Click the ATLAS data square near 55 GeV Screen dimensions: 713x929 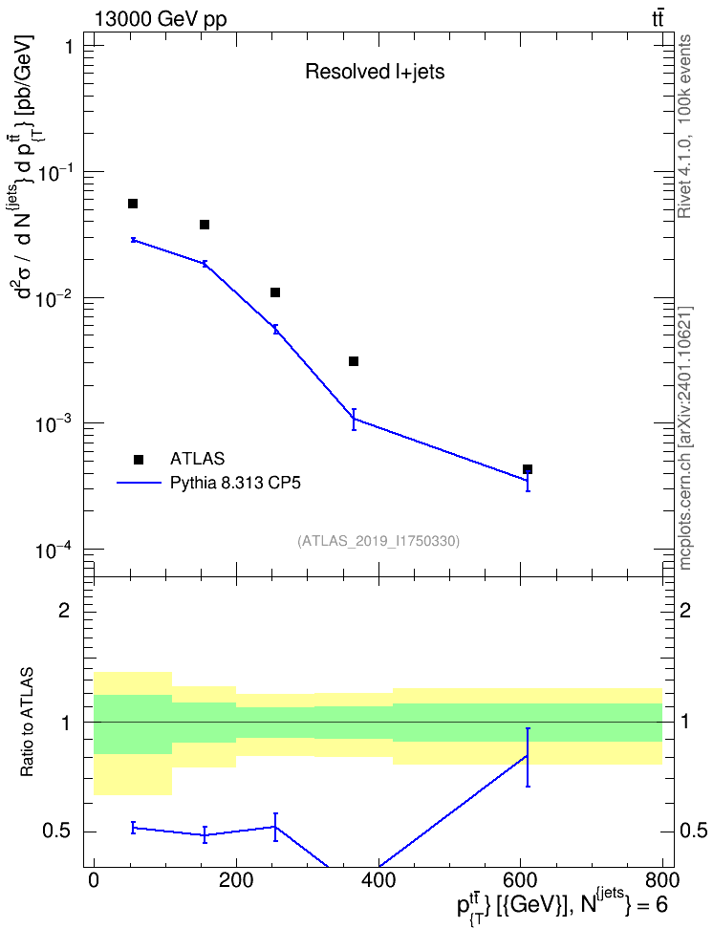133,204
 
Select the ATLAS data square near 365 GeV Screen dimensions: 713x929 354,361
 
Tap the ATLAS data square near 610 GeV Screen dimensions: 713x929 528,469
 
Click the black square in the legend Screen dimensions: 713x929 139,459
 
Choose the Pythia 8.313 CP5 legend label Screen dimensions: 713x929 235,484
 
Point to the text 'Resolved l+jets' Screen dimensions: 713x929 375,72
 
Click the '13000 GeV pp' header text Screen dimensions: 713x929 160,19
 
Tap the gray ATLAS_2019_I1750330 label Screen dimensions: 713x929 378,541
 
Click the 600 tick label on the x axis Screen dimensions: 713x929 520,879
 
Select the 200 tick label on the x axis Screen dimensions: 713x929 236,879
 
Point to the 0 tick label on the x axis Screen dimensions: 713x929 94,879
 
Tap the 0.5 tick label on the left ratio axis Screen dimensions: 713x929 57,832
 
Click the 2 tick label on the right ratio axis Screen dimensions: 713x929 685,610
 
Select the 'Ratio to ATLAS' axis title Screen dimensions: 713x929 27,723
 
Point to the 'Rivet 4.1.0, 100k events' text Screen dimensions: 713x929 684,126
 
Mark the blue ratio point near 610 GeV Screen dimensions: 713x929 528,756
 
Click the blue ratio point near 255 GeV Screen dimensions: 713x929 275,827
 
